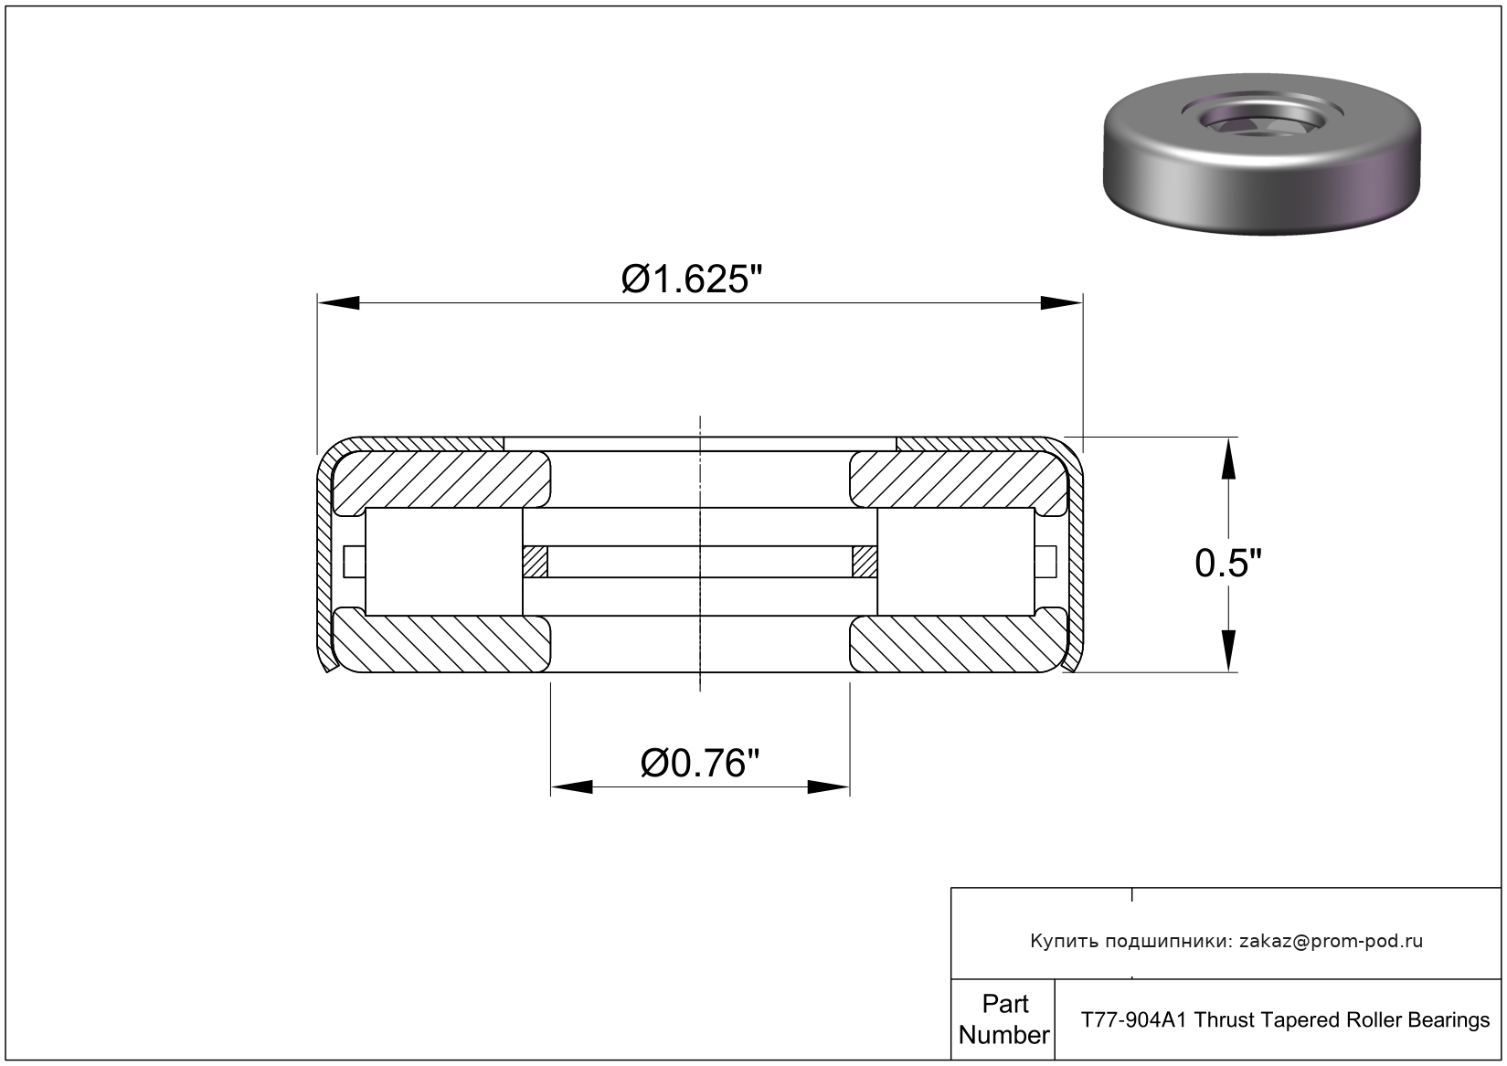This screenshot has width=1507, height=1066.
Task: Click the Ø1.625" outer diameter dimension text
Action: tap(691, 280)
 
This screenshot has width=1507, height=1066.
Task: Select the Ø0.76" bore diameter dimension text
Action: tap(700, 763)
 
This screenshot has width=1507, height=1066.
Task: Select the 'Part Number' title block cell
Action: tap(1003, 1019)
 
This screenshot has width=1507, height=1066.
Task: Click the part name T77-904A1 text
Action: tap(1134, 1019)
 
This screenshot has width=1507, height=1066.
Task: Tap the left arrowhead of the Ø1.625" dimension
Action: tap(337, 303)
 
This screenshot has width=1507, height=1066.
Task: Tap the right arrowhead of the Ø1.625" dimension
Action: tap(1062, 303)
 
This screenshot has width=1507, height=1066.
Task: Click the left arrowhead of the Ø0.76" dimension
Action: tap(571, 786)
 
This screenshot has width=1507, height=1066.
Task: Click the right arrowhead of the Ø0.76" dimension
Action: tap(830, 786)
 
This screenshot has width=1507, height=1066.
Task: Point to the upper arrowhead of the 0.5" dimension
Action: tap(1229, 457)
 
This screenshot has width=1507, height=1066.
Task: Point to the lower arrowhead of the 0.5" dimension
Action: tap(1229, 652)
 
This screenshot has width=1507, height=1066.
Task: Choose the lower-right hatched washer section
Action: tap(958, 644)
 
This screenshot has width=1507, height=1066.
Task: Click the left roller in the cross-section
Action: tap(443, 562)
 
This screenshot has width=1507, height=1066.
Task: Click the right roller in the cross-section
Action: tap(956, 562)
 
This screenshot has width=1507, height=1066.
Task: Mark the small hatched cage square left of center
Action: tap(535, 562)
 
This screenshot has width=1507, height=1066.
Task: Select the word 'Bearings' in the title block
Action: tap(1451, 1019)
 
